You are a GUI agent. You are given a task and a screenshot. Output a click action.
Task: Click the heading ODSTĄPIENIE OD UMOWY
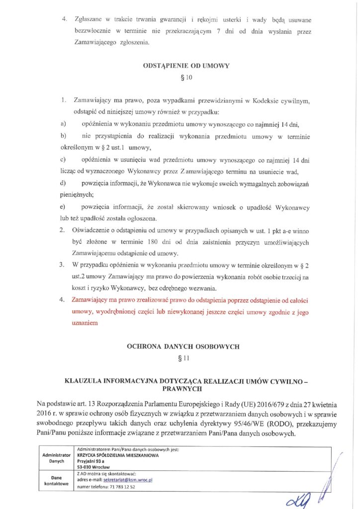pos(180,65)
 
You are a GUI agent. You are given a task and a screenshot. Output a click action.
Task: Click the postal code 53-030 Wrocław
pos(95,467)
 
